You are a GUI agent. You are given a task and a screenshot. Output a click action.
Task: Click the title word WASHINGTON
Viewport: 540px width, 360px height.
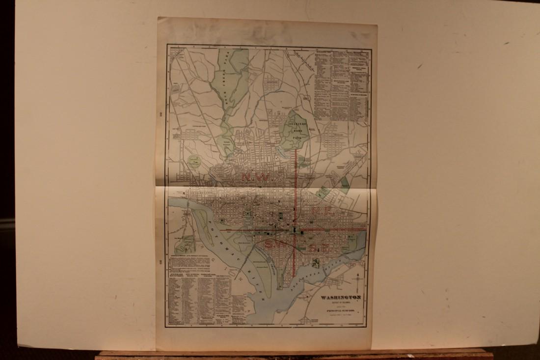pos(341,297)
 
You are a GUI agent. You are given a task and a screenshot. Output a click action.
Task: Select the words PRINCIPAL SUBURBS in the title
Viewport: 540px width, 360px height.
pos(341,311)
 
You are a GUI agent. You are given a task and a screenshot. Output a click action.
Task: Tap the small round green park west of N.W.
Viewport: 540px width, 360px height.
pos(195,160)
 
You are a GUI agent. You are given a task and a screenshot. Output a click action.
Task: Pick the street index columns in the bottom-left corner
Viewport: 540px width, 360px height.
pos(199,300)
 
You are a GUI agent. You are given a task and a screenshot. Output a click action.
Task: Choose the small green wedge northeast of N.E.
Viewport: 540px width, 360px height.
pos(345,184)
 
